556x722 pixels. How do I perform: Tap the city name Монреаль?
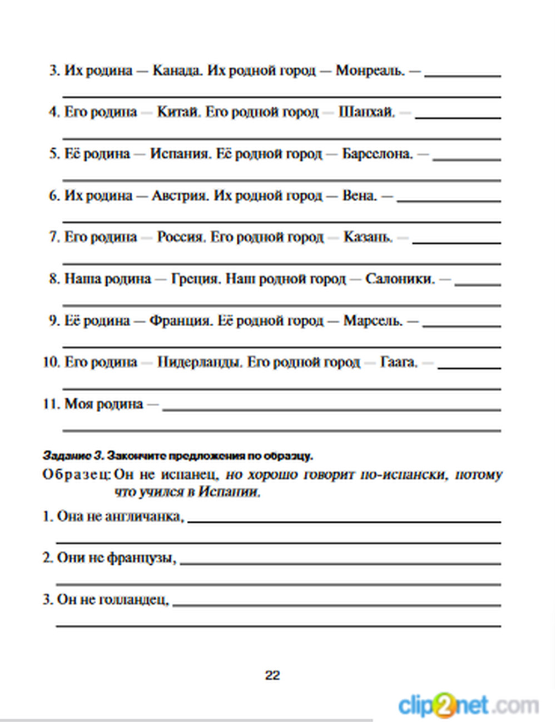click(370, 71)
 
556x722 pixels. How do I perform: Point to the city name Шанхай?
click(366, 112)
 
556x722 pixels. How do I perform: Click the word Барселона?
click(377, 154)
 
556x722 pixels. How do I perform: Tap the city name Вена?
click(359, 195)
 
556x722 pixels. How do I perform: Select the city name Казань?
click(368, 237)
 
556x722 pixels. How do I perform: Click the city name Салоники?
click(399, 279)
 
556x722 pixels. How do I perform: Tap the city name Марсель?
click(373, 320)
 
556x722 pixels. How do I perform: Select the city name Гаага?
click(398, 362)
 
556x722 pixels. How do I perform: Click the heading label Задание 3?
click(73, 456)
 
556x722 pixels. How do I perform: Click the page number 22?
click(272, 675)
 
